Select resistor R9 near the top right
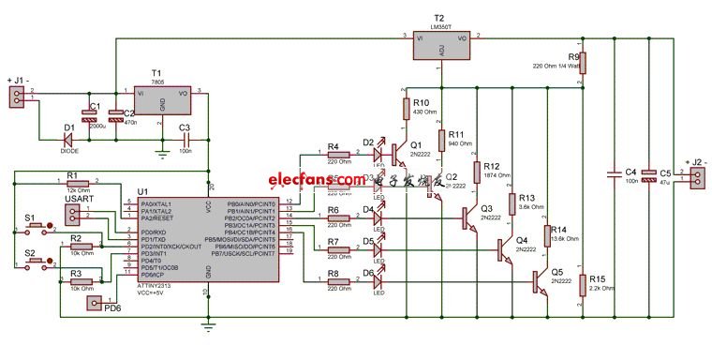582,64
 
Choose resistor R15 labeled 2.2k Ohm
582,285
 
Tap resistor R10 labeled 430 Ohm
406,108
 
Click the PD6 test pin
93,303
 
